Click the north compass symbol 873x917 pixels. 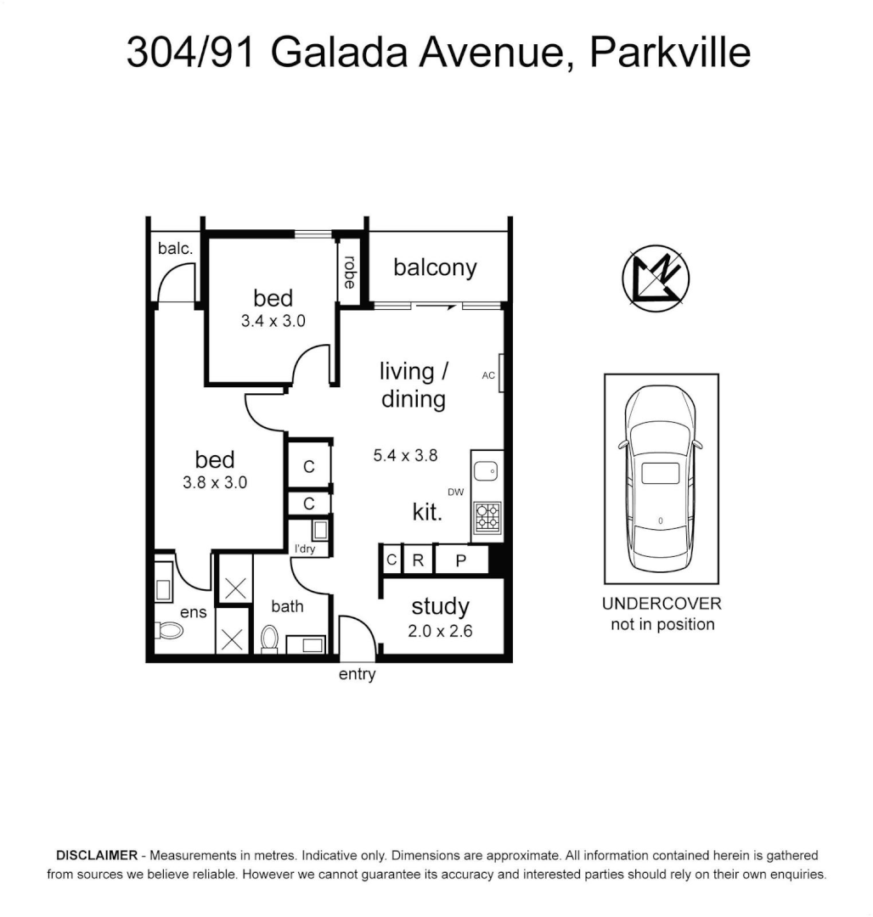pos(656,277)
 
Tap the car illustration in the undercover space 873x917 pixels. pos(661,479)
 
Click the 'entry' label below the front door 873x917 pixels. pos(357,675)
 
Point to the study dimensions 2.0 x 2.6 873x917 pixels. pos(440,631)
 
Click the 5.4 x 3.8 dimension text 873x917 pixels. pos(405,455)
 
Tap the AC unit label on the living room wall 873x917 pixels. pos(489,375)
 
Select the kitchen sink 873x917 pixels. pos(487,472)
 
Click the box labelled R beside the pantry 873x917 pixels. pos(418,560)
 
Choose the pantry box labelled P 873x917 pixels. pos(461,560)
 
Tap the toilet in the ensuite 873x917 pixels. pos(169,631)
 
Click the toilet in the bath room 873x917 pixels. pos(270,639)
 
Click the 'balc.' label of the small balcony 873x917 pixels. pos(176,249)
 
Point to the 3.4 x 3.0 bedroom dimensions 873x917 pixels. pos(273,322)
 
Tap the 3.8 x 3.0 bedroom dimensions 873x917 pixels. pos(215,482)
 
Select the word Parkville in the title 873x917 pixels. pos(669,53)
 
